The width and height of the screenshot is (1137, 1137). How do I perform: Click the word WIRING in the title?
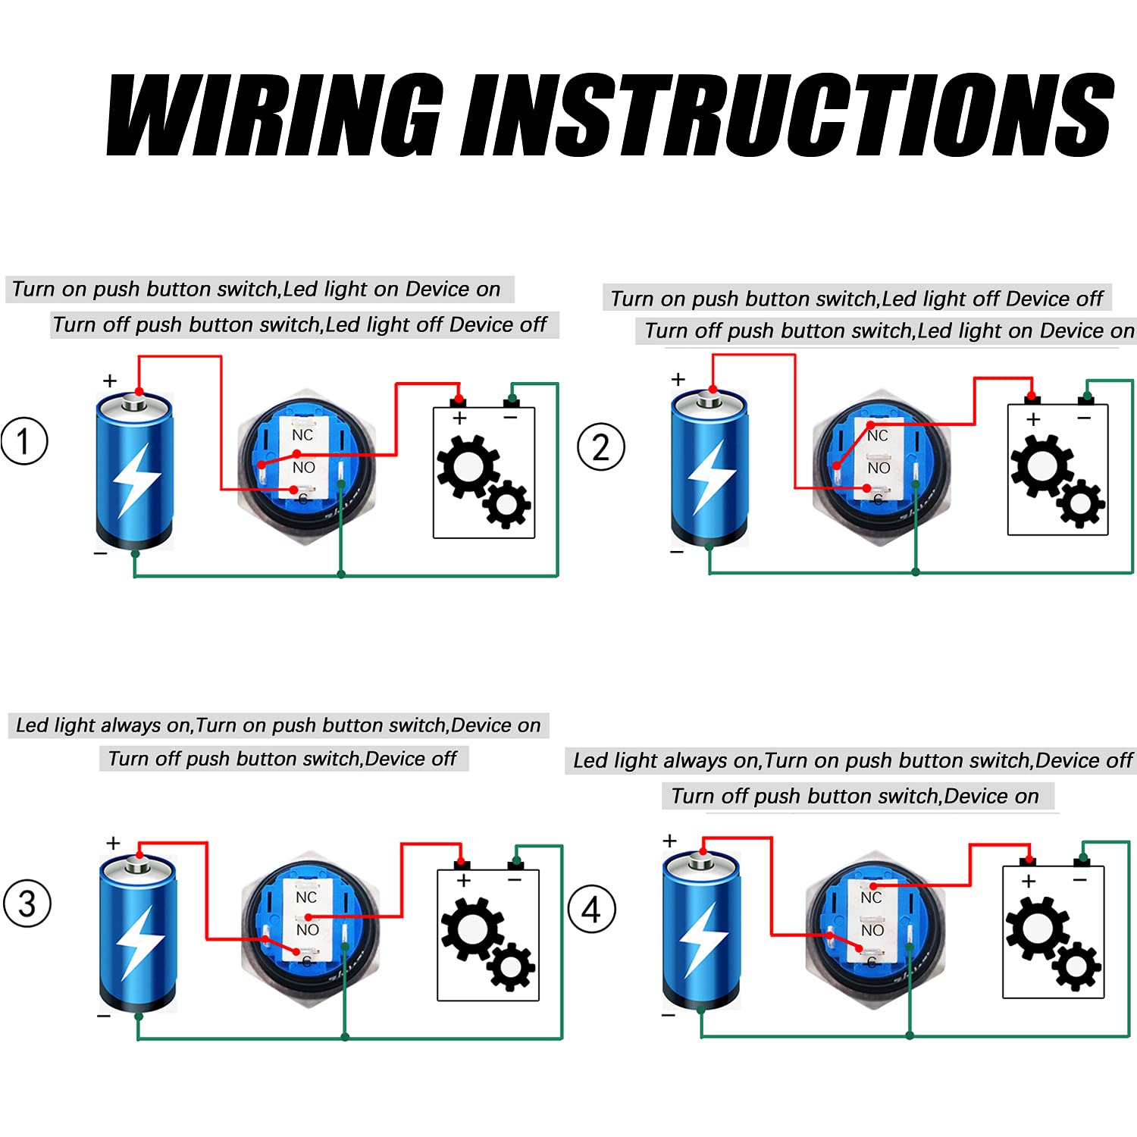click(273, 115)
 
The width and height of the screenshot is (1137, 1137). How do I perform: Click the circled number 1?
click(24, 441)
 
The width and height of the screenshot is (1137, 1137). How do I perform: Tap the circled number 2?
click(600, 447)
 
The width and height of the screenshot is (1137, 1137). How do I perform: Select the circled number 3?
click(27, 904)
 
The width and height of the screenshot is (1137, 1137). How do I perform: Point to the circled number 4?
click(592, 909)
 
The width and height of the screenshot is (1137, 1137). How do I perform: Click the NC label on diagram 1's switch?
click(302, 435)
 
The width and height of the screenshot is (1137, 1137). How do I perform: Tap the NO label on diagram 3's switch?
click(307, 930)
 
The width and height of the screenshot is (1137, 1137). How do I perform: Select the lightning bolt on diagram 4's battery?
click(702, 940)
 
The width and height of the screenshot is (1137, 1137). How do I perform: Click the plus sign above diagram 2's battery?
click(678, 378)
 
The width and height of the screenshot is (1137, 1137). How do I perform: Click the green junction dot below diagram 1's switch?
click(341, 575)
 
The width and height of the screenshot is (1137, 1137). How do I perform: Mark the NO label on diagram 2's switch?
click(879, 468)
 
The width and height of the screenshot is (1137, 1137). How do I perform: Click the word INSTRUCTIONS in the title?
click(788, 115)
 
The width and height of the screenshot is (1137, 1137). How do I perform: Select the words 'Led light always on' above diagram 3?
click(104, 725)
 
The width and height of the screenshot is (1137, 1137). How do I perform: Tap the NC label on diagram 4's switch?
click(871, 897)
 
